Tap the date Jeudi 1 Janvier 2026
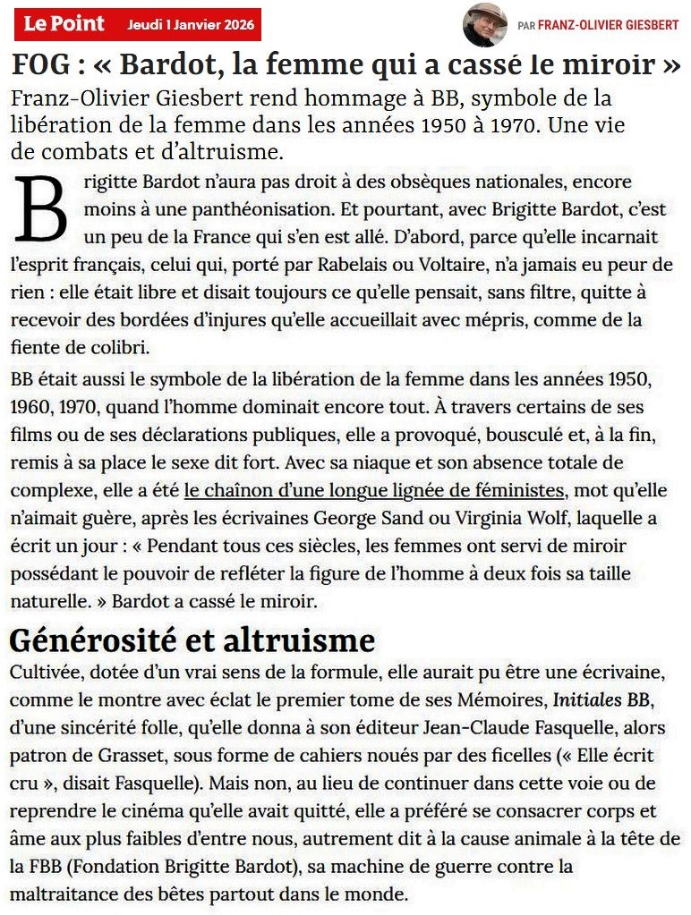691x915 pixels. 190,24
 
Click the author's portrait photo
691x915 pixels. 484,25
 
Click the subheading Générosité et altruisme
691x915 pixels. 191,640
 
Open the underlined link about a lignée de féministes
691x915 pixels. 374,490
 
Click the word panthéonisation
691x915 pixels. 199,210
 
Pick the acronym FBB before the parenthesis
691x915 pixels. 50,867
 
